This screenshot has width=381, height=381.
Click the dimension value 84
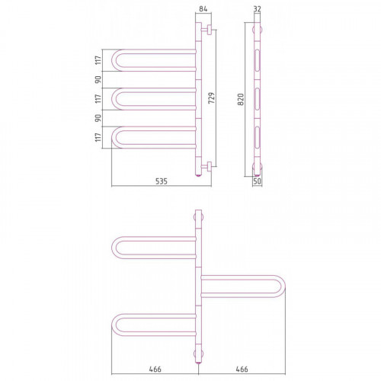click(203, 9)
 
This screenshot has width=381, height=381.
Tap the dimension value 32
click(257, 9)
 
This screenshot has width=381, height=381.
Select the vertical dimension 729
click(212, 98)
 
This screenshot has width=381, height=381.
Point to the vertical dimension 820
click(241, 99)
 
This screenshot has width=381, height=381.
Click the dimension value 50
click(257, 181)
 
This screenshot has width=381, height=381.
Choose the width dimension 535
click(162, 181)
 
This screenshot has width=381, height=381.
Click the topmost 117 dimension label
click(98, 60)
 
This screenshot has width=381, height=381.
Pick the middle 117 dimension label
click(98, 98)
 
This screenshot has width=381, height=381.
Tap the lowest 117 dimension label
click(98, 137)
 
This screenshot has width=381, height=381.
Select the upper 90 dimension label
click(98, 79)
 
